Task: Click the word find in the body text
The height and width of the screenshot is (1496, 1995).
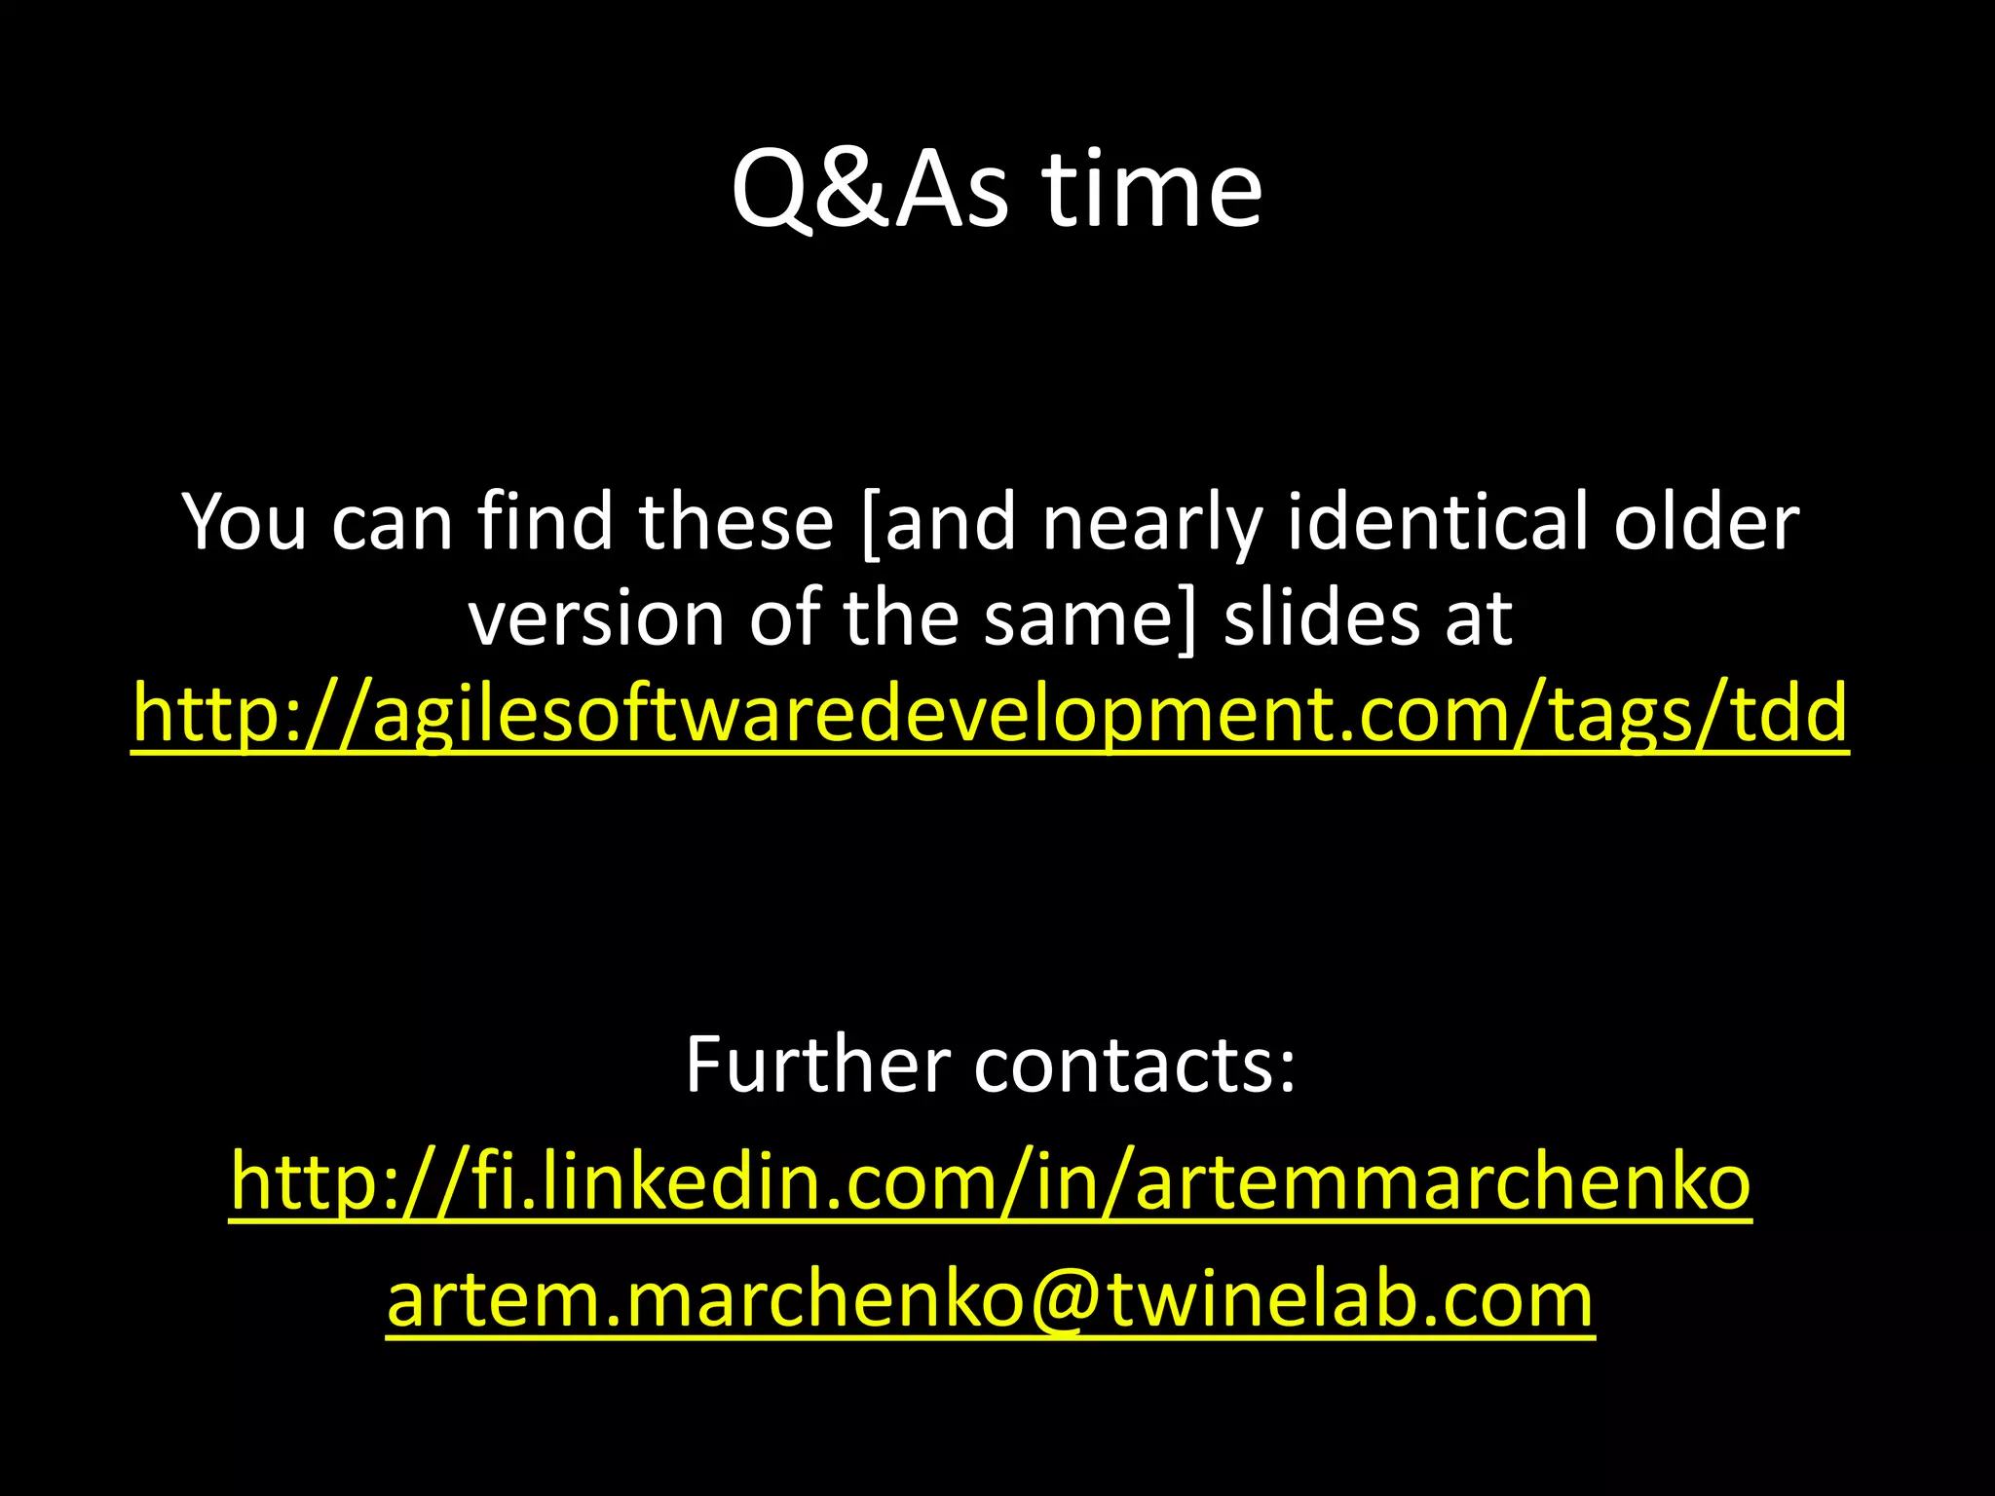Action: click(x=542, y=523)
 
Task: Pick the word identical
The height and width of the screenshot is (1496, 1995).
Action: click(x=1440, y=523)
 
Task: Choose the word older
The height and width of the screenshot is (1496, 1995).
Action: click(x=1706, y=523)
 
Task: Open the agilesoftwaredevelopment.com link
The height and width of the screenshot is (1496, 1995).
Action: click(x=990, y=714)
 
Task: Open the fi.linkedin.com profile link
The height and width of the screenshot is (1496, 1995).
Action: click(x=991, y=1181)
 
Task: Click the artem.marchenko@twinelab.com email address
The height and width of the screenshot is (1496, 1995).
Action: click(x=990, y=1299)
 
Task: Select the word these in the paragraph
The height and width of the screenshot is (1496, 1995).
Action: click(x=737, y=523)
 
